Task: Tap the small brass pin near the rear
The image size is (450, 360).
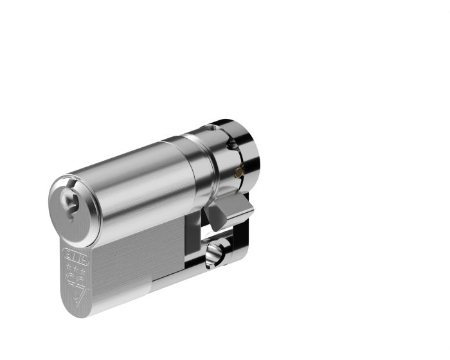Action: [239, 171]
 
